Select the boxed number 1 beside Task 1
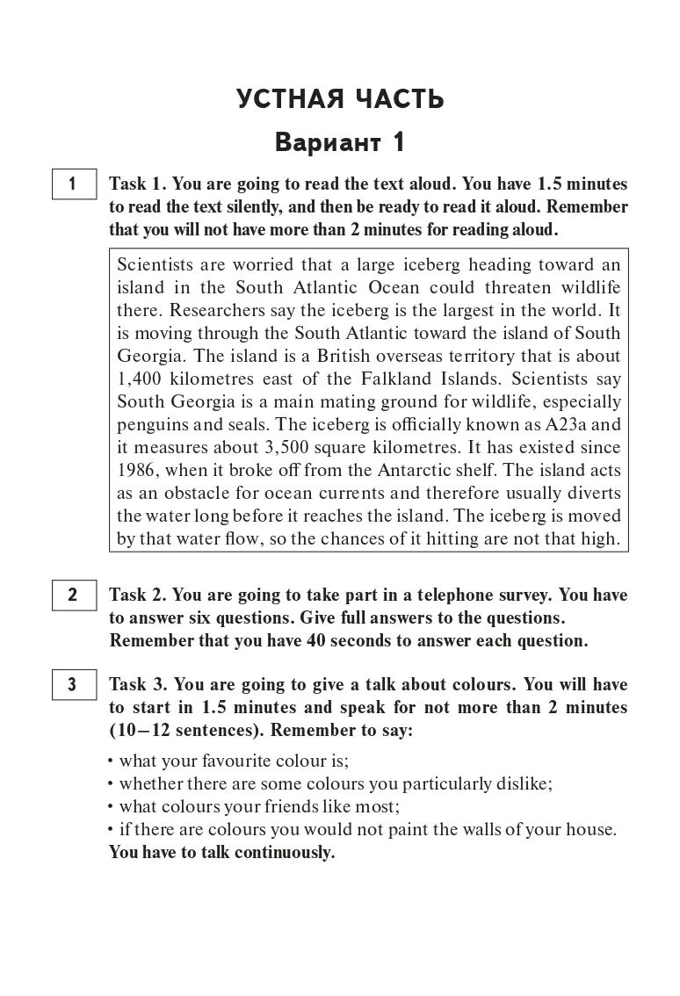(73, 184)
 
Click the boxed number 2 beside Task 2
(73, 595)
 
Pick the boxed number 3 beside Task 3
(73, 685)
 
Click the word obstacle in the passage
(207, 493)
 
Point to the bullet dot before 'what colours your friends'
(112, 806)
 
